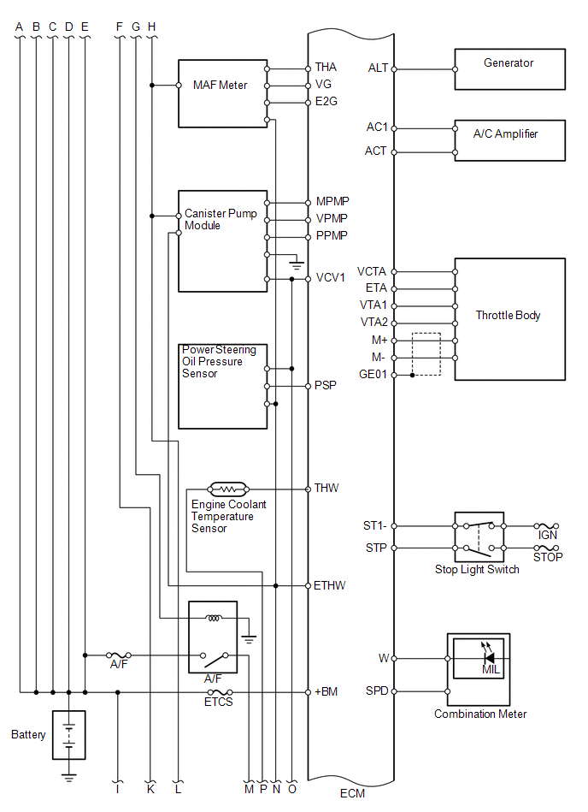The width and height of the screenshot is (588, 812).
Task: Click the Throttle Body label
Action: pyautogui.click(x=508, y=316)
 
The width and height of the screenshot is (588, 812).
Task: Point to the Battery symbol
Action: pyautogui.click(x=68, y=735)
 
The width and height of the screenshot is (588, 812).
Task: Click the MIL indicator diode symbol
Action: pyautogui.click(x=487, y=658)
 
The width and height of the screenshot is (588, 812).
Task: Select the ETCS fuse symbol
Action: pyautogui.click(x=220, y=692)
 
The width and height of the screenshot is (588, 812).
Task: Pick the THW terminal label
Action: pyautogui.click(x=326, y=488)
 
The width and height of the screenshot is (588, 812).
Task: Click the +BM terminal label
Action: pyautogui.click(x=326, y=691)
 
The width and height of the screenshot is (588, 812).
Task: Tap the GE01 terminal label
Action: pyautogui.click(x=373, y=374)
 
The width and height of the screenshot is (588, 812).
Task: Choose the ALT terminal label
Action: pyautogui.click(x=378, y=68)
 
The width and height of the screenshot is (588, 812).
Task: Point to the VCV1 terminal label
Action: pyautogui.click(x=331, y=277)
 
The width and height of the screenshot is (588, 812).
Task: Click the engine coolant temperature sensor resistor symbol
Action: pyautogui.click(x=228, y=489)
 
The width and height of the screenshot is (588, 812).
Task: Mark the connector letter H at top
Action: pyautogui.click(x=151, y=27)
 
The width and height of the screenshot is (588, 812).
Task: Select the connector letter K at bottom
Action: pyautogui.click(x=150, y=789)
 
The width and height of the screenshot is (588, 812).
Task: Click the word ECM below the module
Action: pyautogui.click(x=352, y=793)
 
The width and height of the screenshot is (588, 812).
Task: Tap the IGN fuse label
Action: pyautogui.click(x=547, y=535)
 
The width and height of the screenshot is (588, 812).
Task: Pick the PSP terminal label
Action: pyautogui.click(x=326, y=385)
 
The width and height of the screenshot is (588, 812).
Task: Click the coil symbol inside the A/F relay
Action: pyautogui.click(x=214, y=617)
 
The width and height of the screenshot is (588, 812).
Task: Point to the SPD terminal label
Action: pyautogui.click(x=377, y=690)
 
